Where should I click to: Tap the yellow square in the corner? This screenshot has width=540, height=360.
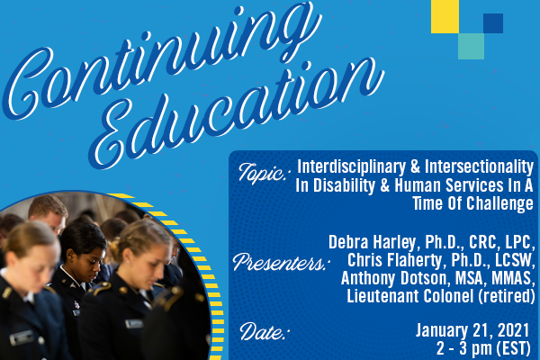pyautogui.click(x=445, y=16)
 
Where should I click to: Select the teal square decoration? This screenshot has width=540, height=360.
pyautogui.click(x=471, y=46)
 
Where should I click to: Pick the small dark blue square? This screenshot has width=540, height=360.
pyautogui.click(x=493, y=23)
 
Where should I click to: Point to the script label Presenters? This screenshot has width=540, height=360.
pyautogui.click(x=281, y=263)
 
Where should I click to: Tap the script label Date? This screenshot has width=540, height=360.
pyautogui.click(x=264, y=331)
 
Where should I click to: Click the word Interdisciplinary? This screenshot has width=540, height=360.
pyautogui.click(x=351, y=167)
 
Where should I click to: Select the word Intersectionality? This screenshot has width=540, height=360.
pyautogui.click(x=479, y=166)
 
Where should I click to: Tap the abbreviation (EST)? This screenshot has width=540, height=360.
pyautogui.click(x=513, y=348)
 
